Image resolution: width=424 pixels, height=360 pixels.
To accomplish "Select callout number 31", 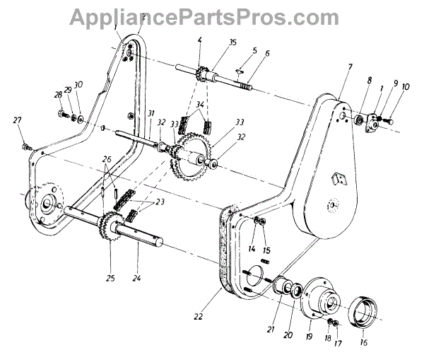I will (151, 115).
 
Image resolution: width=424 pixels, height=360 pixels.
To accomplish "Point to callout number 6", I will (268, 54).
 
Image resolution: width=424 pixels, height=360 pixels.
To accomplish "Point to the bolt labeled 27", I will (27, 146).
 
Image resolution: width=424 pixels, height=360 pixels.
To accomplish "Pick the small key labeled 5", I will (239, 70).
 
